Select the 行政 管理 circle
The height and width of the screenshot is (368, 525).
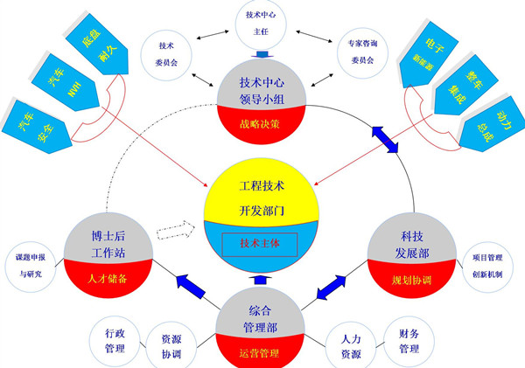click(x=115, y=341)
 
